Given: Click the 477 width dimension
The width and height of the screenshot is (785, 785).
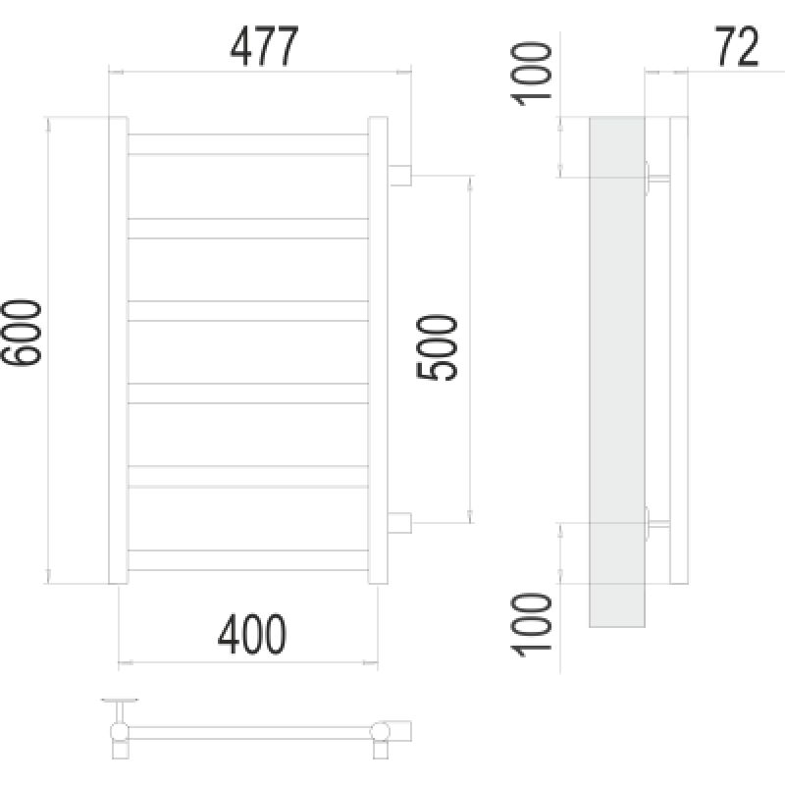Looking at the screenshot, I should tap(262, 47).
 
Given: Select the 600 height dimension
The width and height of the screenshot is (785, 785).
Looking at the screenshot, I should tap(23, 334).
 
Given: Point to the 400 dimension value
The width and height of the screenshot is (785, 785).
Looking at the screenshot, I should tap(251, 636).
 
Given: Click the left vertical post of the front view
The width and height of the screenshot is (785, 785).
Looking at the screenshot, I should tap(118, 350).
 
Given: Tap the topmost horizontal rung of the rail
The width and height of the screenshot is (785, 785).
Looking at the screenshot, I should tap(248, 144).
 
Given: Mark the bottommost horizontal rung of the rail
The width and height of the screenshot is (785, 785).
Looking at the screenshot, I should tap(248, 559).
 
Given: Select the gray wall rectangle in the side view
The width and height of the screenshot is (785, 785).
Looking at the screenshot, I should tap(616, 373).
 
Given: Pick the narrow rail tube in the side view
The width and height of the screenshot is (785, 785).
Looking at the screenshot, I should tap(677, 350).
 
